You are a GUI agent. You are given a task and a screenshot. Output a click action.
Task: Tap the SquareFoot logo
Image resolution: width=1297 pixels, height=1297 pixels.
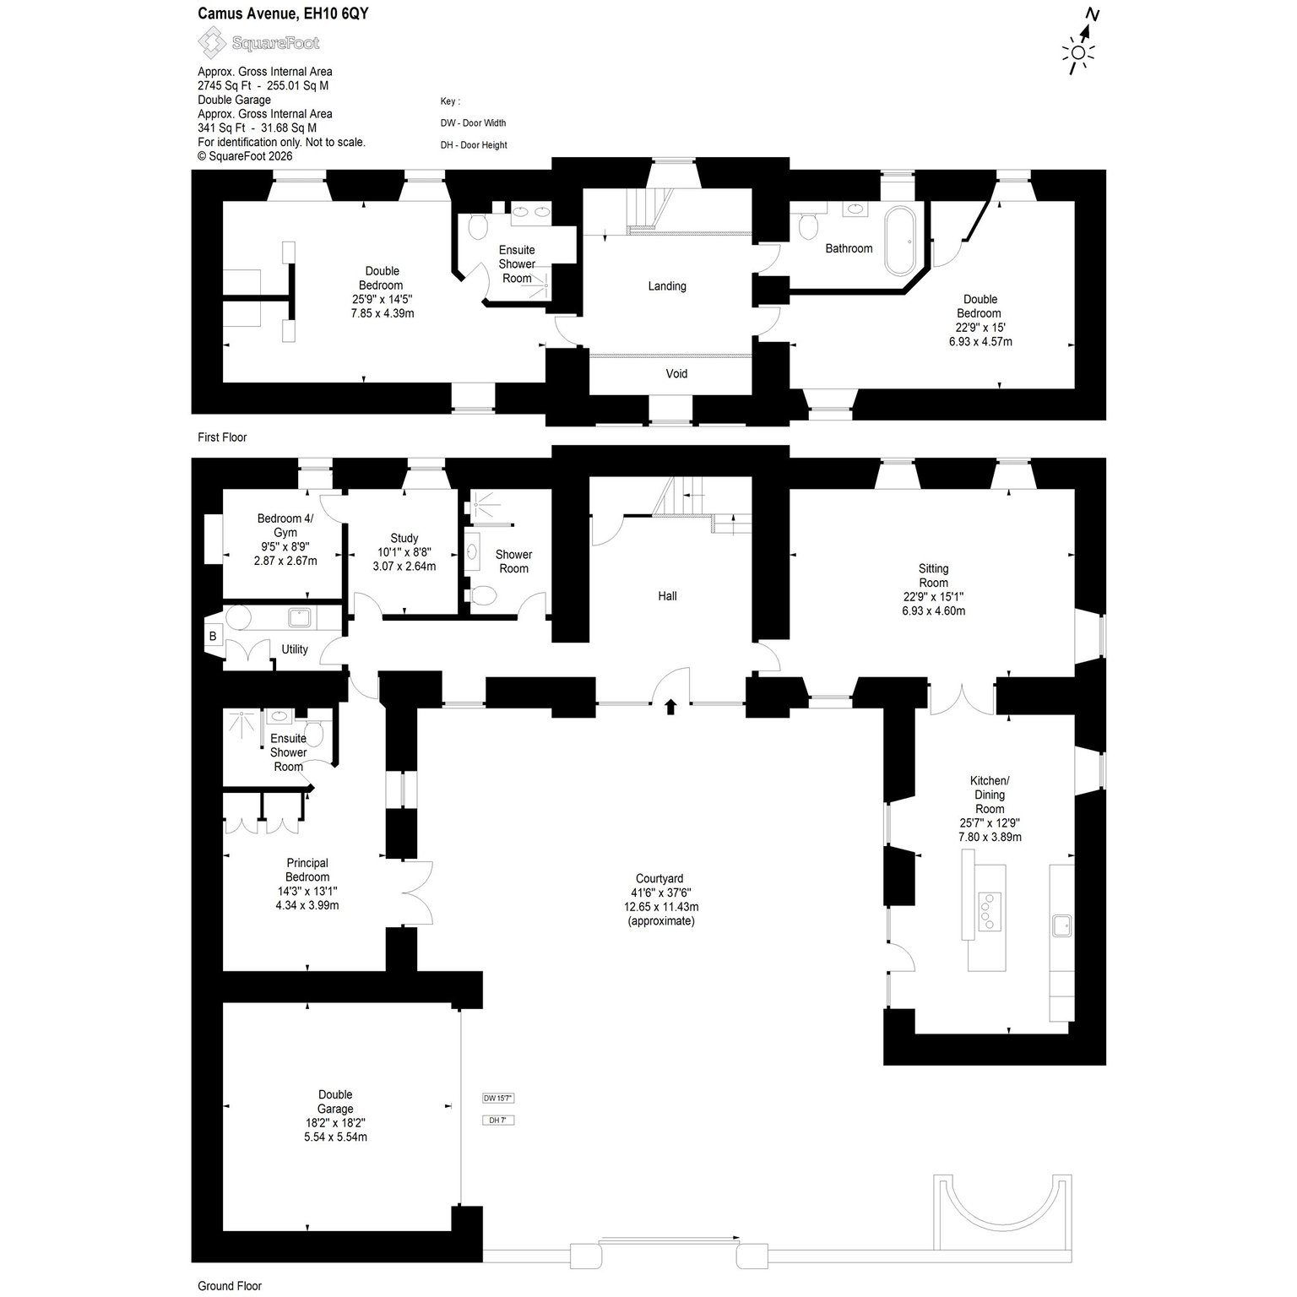[258, 41]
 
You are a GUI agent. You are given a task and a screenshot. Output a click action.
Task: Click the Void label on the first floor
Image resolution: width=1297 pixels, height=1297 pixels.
[676, 373]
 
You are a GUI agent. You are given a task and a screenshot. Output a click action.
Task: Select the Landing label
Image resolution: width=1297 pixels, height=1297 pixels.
[667, 286]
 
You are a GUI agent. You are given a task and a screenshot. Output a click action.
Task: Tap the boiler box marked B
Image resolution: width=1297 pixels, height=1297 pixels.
[213, 636]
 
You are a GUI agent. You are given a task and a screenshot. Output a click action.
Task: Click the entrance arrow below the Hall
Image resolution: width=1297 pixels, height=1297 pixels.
[671, 706]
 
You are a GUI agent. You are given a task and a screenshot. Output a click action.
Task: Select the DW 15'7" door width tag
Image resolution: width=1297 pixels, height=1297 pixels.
[498, 1098]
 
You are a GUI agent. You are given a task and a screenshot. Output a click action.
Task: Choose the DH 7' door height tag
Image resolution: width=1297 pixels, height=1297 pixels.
[498, 1120]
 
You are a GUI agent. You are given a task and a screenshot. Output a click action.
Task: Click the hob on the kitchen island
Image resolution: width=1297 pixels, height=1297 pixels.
[985, 911]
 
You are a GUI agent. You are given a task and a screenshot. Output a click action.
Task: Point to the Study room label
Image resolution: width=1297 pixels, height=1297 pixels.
[404, 538]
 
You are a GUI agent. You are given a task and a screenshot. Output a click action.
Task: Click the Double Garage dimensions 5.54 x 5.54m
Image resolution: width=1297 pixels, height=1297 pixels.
[335, 1137]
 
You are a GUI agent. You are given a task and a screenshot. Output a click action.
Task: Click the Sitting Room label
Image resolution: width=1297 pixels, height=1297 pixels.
[934, 575]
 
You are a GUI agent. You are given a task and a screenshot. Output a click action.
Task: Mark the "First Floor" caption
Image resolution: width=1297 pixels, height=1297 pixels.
[222, 437]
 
